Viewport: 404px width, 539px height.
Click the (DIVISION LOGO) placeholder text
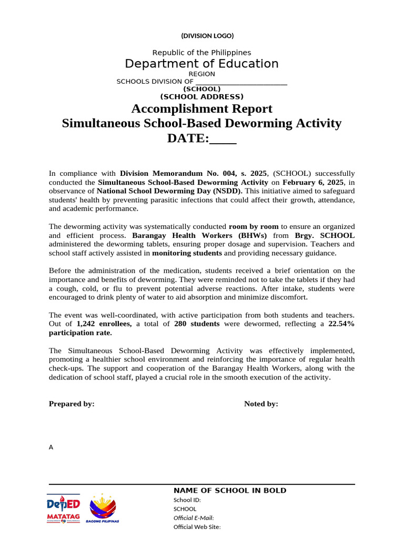click(207, 36)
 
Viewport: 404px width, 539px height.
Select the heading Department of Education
click(201, 64)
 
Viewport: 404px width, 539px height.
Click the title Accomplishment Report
click(201, 109)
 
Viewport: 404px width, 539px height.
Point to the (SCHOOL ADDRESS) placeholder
click(201, 97)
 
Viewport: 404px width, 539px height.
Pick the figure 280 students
click(197, 324)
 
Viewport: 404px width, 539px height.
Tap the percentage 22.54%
click(341, 324)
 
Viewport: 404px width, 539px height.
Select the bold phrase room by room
click(254, 226)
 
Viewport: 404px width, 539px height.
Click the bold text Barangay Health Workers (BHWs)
click(199, 235)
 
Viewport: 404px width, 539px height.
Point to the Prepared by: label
click(72, 404)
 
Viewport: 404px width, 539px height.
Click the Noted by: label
click(261, 404)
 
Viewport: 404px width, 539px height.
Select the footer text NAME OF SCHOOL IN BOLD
click(230, 491)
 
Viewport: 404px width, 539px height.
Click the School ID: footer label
click(187, 500)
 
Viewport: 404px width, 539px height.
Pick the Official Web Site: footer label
click(197, 527)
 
